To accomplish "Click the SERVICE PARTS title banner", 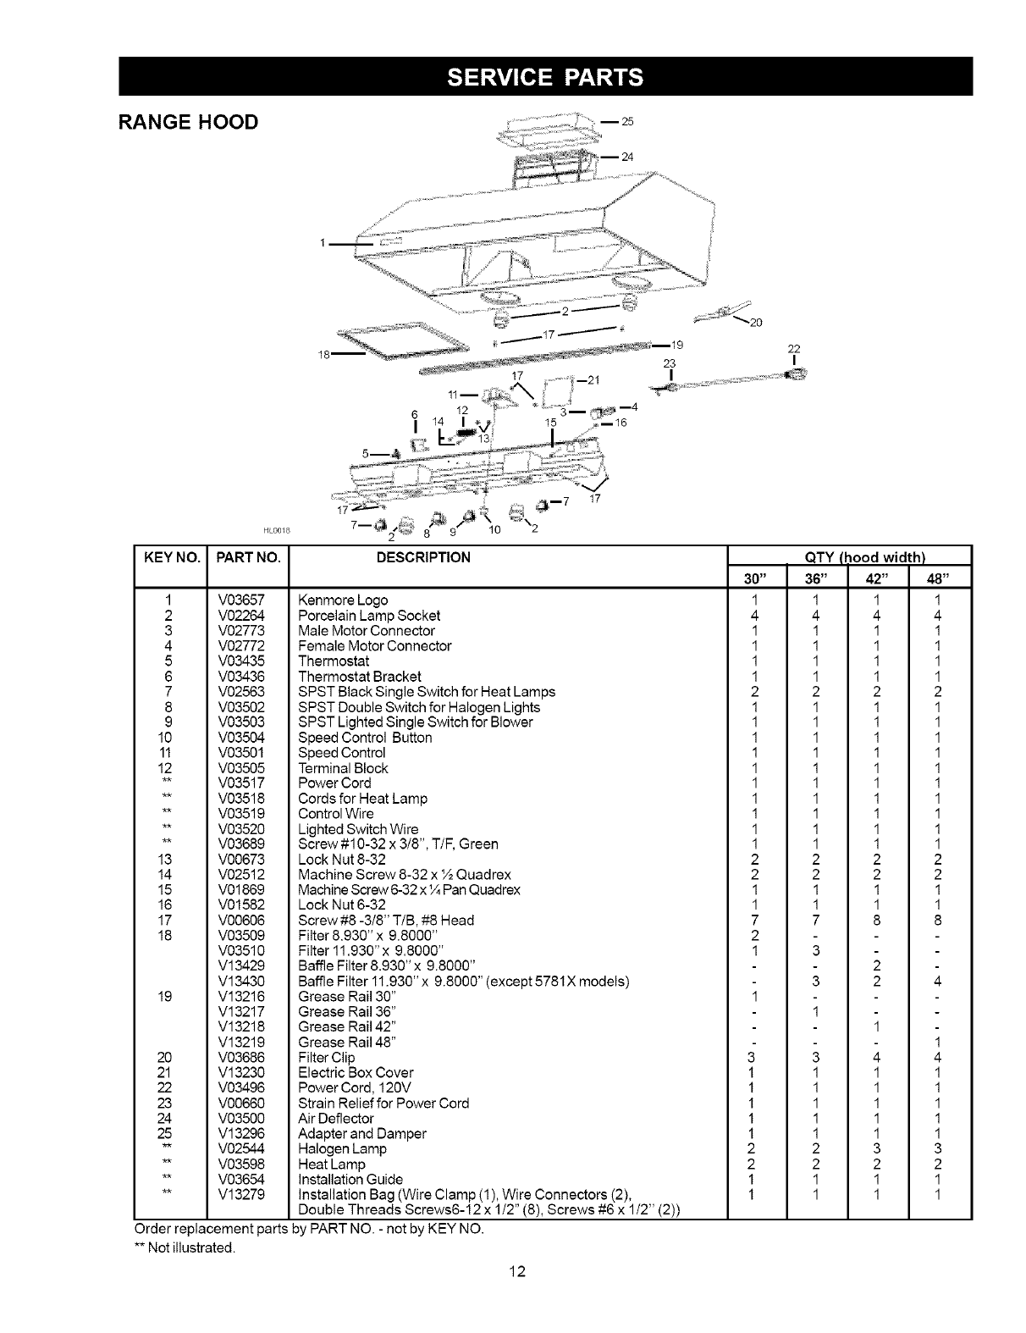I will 545,77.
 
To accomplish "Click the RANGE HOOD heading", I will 188,122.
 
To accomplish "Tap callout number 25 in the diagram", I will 627,121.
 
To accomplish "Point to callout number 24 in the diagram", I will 627,157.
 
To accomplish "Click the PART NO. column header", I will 248,557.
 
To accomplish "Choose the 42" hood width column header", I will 876,578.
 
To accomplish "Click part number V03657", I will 241,600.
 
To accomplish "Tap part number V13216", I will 241,997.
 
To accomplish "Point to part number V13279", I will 241,1195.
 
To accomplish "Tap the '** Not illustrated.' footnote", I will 185,1247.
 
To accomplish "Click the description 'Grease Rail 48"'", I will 348,1043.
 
